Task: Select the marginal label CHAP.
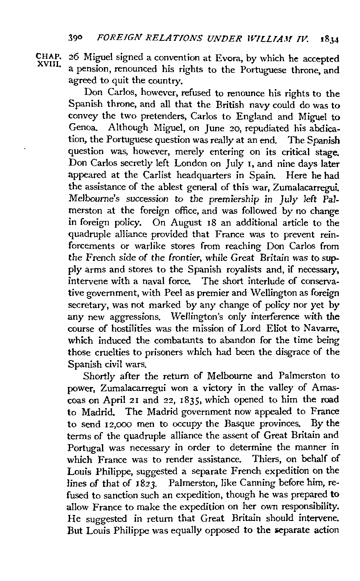[x=44, y=56]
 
